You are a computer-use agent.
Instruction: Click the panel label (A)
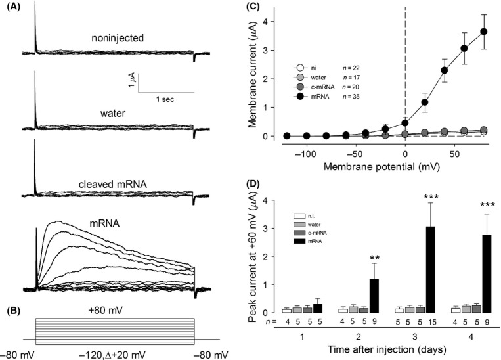12,7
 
